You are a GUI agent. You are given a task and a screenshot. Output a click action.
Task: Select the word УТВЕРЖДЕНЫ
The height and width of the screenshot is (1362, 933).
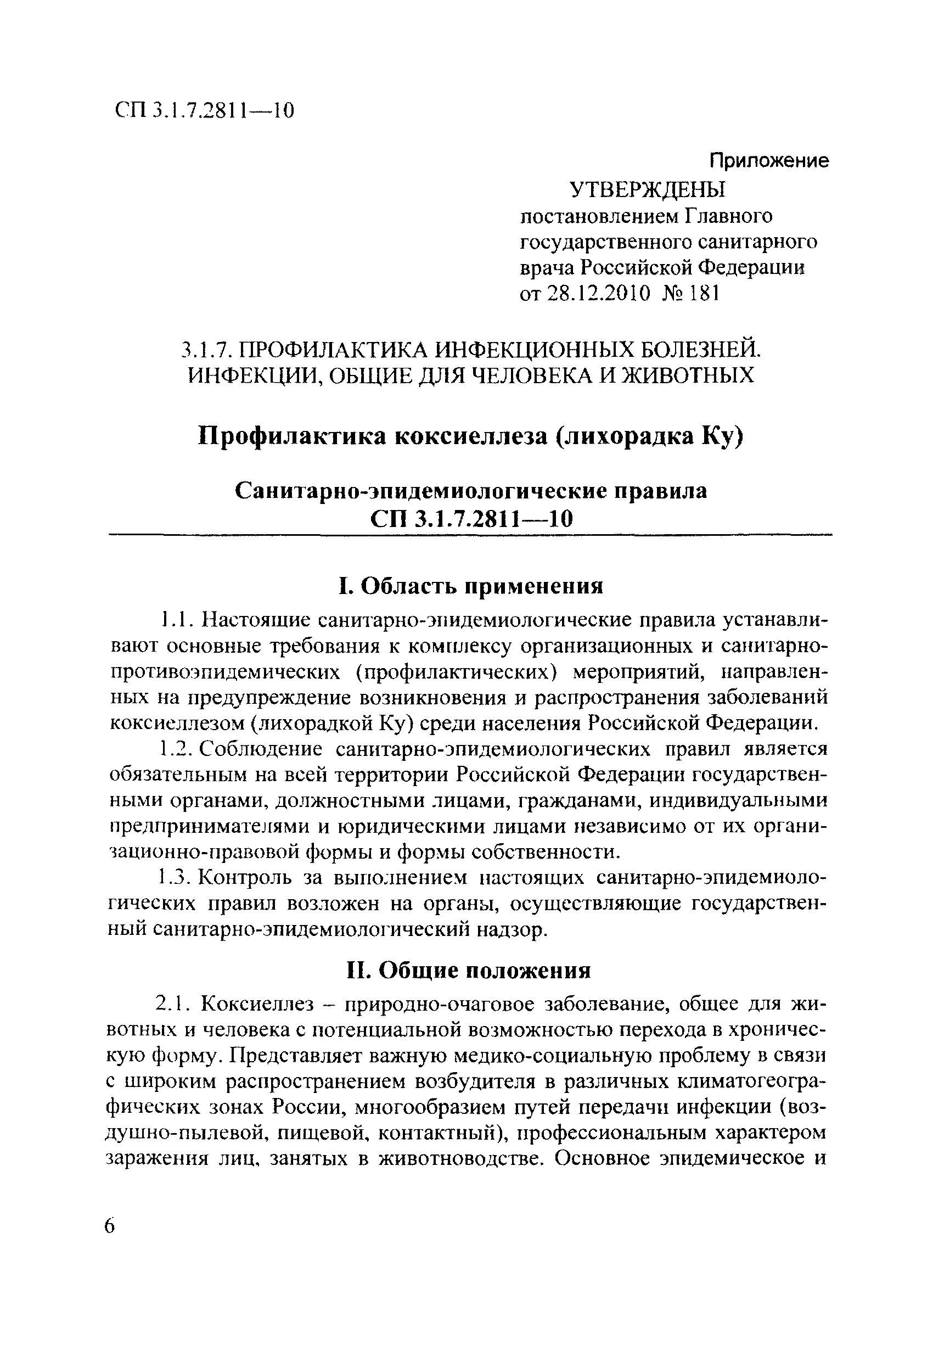[x=648, y=190]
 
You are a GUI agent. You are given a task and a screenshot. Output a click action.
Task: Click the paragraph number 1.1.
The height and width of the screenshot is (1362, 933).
[x=175, y=619]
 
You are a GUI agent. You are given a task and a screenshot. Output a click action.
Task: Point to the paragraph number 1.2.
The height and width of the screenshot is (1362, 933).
[x=174, y=749]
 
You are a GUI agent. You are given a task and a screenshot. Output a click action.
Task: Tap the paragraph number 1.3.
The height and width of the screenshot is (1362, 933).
[x=174, y=878]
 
